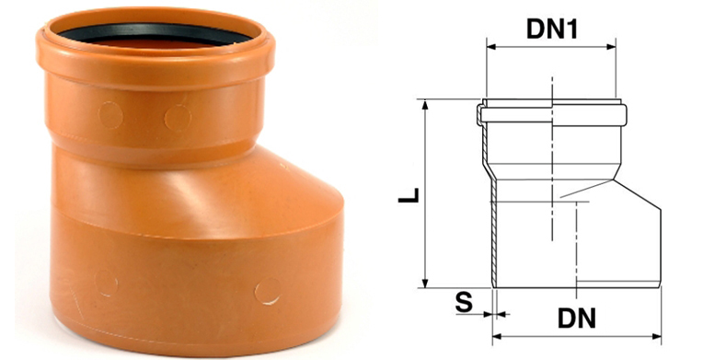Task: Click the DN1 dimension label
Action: coord(551,28)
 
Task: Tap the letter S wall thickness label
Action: coord(466,300)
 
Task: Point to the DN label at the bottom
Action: coord(576,319)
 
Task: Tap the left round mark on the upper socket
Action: coord(109,115)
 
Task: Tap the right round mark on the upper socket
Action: coord(176,117)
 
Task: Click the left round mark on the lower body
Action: coord(106,281)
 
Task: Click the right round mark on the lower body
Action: coord(267,291)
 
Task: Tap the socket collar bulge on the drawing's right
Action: coord(625,115)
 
